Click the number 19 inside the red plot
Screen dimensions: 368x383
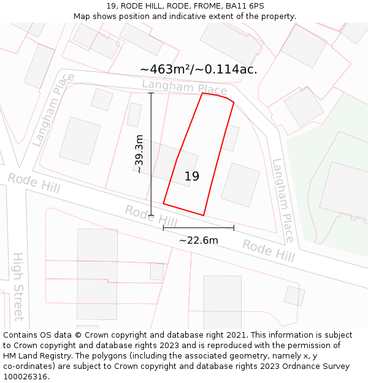(192, 176)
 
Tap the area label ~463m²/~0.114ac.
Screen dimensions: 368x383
(198, 69)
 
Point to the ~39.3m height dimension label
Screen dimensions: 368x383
(139, 154)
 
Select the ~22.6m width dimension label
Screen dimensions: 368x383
(198, 240)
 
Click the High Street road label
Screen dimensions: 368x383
(18, 286)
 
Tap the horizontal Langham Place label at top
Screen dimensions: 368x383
(184, 88)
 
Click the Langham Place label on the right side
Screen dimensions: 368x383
(283, 200)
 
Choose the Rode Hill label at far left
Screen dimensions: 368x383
(34, 183)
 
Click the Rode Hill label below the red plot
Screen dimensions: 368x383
(151, 215)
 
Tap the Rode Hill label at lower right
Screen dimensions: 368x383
(268, 250)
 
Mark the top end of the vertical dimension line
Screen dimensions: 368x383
(151, 93)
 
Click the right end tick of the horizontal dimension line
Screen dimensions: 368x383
(234, 228)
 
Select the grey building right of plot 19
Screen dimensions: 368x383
(240, 184)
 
